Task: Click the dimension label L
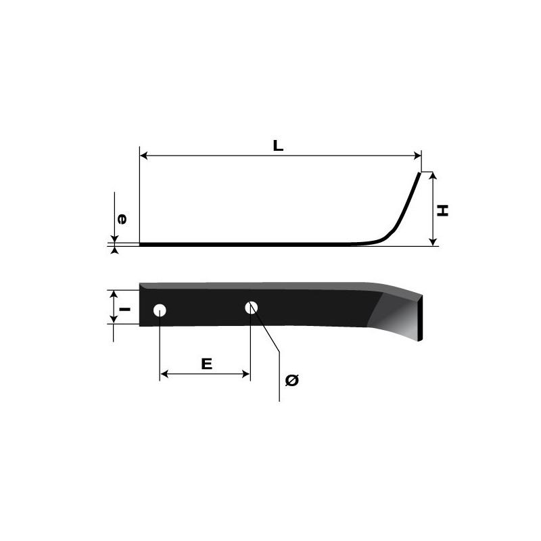(278, 145)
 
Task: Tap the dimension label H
(442, 211)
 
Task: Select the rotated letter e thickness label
(122, 219)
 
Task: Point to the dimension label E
(207, 364)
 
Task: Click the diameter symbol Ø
(292, 381)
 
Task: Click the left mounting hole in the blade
(160, 310)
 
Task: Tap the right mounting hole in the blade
(252, 308)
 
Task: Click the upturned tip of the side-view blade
(417, 175)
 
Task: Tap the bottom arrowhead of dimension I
(114, 321)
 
